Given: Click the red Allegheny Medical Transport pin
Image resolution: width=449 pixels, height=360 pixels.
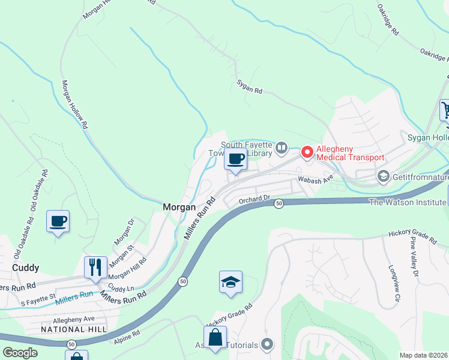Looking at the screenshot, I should [307, 153].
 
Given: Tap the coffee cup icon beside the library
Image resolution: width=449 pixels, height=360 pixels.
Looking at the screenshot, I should [235, 160].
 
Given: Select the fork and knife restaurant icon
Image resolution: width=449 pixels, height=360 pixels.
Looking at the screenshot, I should [96, 267].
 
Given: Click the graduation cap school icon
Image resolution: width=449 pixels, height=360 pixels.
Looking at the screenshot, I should [231, 282].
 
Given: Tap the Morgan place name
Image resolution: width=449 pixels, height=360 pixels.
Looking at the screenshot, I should [179, 207].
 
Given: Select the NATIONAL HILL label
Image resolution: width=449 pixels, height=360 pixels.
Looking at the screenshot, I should [73, 329].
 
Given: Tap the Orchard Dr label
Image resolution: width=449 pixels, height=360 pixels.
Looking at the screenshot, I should [255, 201].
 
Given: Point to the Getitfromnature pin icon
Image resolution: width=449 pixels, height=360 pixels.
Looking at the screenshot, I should [383, 177].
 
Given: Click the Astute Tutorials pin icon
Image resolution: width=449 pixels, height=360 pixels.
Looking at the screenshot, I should [268, 345].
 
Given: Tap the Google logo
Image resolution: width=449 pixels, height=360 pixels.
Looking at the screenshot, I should [20, 353].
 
